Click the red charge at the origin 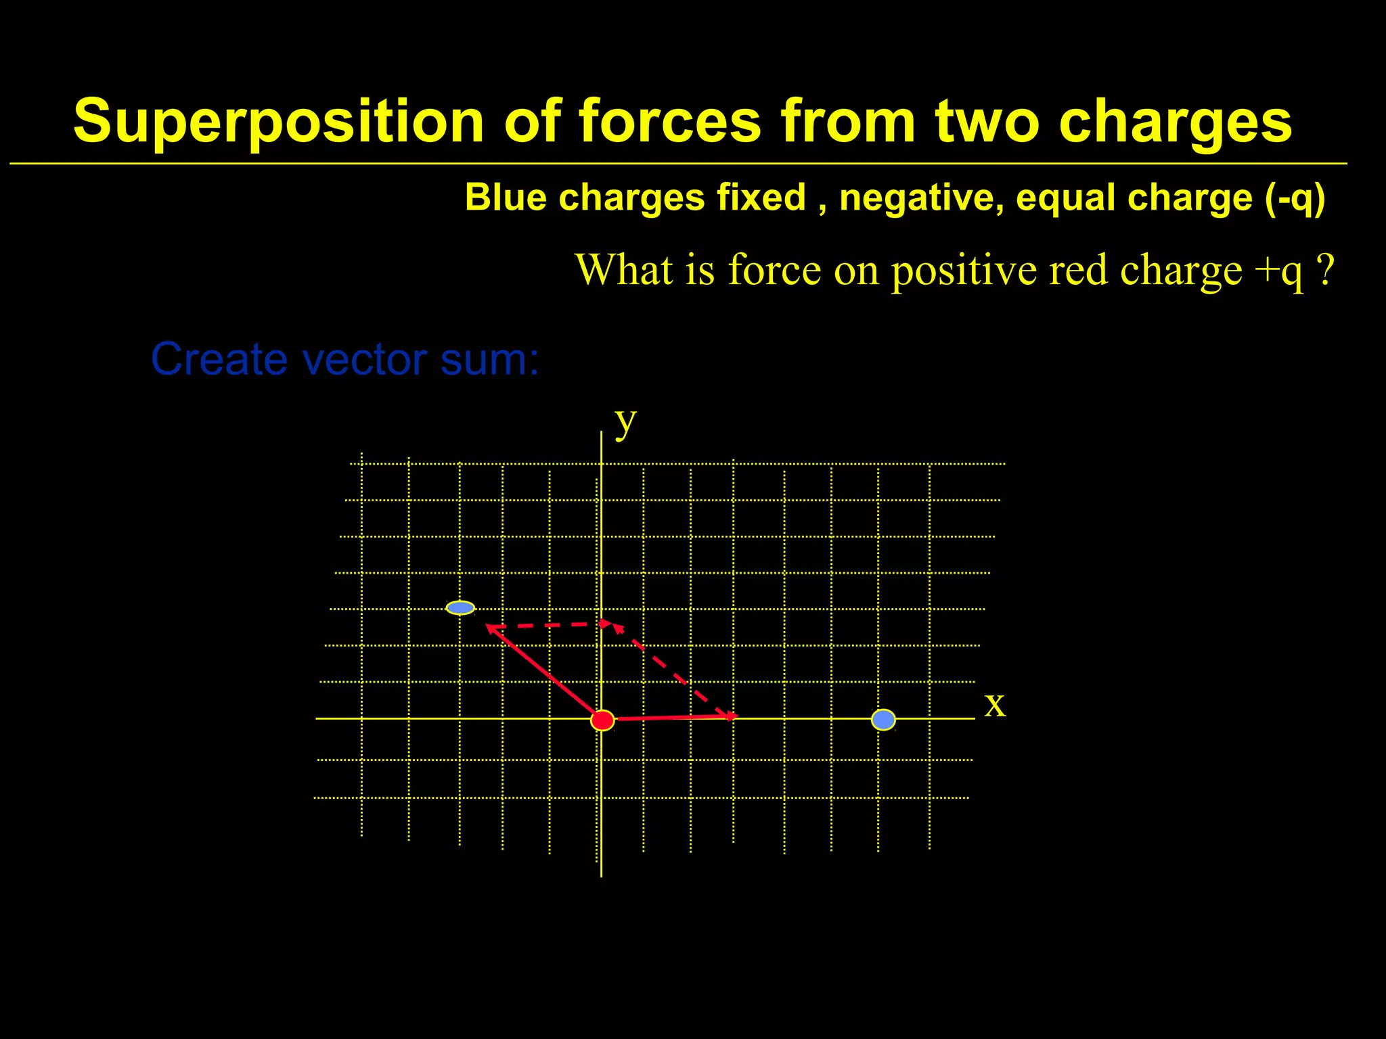pyautogui.click(x=602, y=720)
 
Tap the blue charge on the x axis pyautogui.click(x=883, y=719)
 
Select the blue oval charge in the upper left pyautogui.click(x=460, y=607)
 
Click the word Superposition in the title pyautogui.click(x=278, y=122)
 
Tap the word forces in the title pyautogui.click(x=670, y=122)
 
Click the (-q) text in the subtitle pyautogui.click(x=1295, y=198)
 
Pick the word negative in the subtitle pyautogui.click(x=921, y=198)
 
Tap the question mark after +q pyautogui.click(x=1326, y=269)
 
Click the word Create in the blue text pyautogui.click(x=219, y=359)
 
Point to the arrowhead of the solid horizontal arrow pyautogui.click(x=733, y=716)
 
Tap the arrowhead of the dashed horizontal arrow pyautogui.click(x=606, y=623)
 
